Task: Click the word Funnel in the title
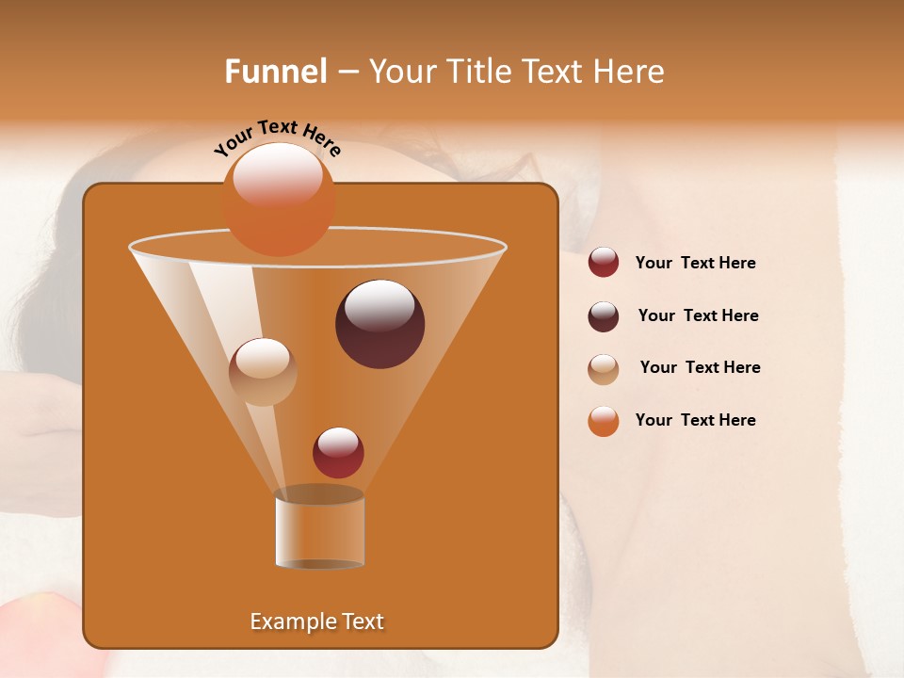[276, 72]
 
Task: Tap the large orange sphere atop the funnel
[279, 201]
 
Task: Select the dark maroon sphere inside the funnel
[379, 324]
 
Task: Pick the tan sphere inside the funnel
[263, 372]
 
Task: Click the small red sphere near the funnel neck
[338, 452]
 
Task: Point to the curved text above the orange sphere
[277, 137]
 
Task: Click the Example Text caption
[317, 621]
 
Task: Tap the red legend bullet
[604, 263]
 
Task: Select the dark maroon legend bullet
[604, 316]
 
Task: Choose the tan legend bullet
[604, 369]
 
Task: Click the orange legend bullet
[604, 421]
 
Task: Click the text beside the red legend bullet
[695, 264]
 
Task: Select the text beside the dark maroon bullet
[698, 316]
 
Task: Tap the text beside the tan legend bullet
[700, 368]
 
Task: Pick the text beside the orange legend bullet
[695, 421]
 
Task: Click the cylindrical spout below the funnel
[319, 530]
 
